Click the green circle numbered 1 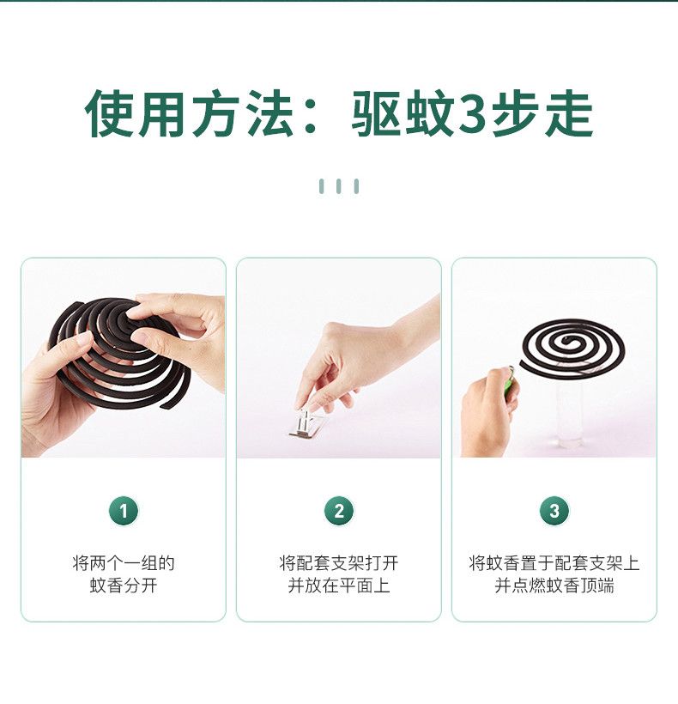point(124,511)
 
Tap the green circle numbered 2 point(339,511)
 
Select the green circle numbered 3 point(554,511)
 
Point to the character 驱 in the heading point(376,113)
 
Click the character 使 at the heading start point(110,113)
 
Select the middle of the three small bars point(339,186)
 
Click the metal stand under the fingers point(307,424)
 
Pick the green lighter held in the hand point(509,379)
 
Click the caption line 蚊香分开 point(124,586)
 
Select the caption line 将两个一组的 point(124,563)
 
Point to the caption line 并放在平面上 point(339,586)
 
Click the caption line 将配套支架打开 point(339,563)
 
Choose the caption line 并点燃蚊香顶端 point(554,586)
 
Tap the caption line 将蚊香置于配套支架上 point(554,563)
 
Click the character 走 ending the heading point(570,113)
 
